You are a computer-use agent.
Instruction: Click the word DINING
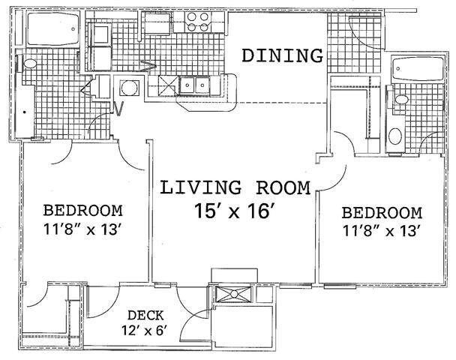pyautogui.click(x=283, y=55)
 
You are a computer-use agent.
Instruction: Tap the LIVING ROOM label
pyautogui.click(x=235, y=187)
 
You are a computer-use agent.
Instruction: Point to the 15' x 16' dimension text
pyautogui.click(x=235, y=211)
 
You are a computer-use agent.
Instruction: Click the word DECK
pyautogui.click(x=145, y=315)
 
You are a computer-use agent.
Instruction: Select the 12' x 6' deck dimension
pyautogui.click(x=145, y=330)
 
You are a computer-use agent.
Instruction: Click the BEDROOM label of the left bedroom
pyautogui.click(x=83, y=211)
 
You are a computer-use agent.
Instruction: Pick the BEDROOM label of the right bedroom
pyautogui.click(x=382, y=212)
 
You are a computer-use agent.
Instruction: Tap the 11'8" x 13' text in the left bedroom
pyautogui.click(x=82, y=229)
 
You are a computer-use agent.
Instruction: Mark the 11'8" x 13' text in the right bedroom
pyautogui.click(x=381, y=231)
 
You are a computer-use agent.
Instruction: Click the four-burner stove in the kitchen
pyautogui.click(x=198, y=22)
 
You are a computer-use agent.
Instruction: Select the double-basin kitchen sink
pyautogui.click(x=194, y=85)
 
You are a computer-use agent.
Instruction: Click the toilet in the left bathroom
pyautogui.click(x=28, y=64)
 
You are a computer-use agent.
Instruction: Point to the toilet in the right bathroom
pyautogui.click(x=401, y=100)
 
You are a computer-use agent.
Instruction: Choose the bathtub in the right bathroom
pyautogui.click(x=417, y=69)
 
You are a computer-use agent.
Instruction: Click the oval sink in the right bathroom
pyautogui.click(x=395, y=136)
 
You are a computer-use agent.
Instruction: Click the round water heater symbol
pyautogui.click(x=129, y=88)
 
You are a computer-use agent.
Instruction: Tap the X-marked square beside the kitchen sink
pyautogui.click(x=168, y=85)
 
